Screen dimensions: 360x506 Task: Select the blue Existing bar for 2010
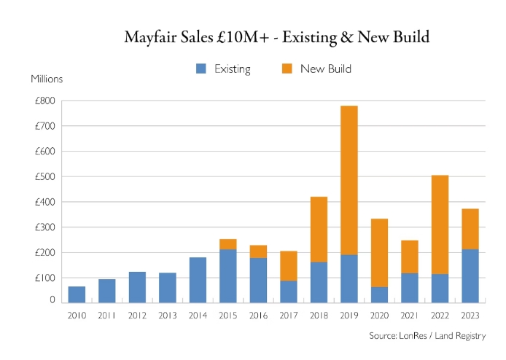pos(77,294)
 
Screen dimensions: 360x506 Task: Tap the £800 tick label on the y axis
pos(44,101)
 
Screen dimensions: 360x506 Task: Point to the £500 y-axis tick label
pos(44,176)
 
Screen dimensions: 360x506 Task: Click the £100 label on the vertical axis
pos(44,278)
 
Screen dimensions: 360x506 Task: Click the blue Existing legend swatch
pos(201,69)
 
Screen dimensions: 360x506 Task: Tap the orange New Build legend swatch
pos(287,69)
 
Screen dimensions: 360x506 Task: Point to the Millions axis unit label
pos(47,79)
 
